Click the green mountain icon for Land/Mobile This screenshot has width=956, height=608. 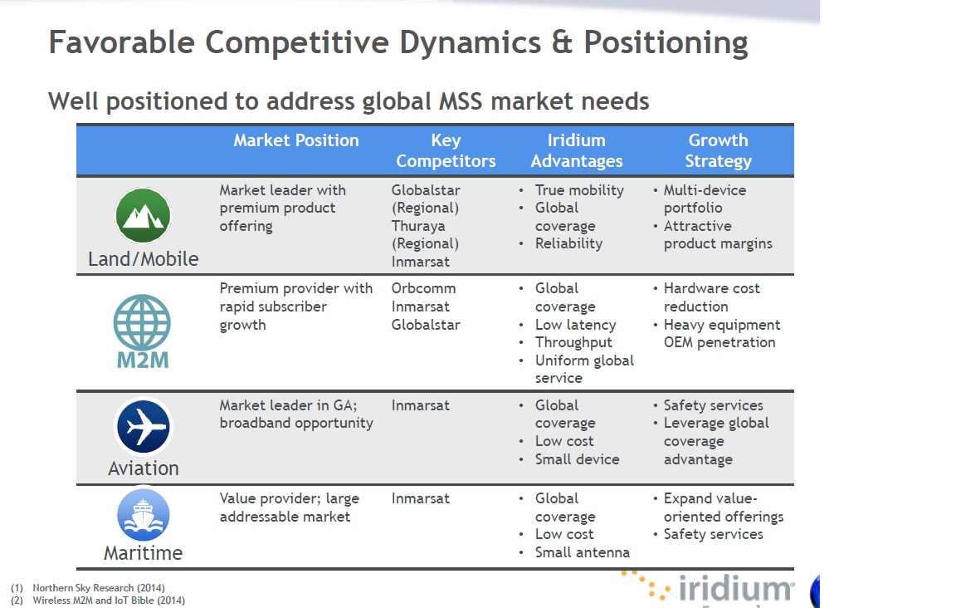144,215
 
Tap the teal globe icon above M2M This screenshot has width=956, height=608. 142,322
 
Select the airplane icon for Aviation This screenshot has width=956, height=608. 144,426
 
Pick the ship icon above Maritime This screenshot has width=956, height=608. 144,515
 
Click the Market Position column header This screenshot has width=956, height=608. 296,140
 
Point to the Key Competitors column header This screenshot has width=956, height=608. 446,150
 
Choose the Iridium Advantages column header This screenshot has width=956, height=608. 577,150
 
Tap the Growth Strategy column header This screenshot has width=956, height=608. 718,150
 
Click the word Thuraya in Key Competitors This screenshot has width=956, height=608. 418,226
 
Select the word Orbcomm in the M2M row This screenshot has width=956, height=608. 424,288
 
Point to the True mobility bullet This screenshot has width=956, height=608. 579,190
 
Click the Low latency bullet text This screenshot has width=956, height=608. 576,325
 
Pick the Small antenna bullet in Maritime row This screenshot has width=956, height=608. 583,552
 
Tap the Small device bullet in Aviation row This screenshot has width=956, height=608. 577,459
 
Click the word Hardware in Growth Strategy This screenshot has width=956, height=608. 695,288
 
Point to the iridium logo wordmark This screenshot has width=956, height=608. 736,588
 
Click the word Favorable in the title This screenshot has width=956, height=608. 122,42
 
